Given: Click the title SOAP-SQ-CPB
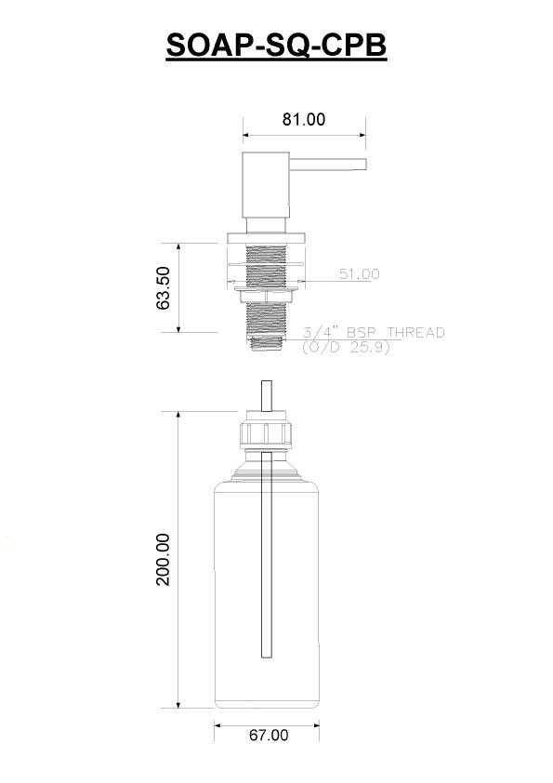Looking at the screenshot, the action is (276, 45).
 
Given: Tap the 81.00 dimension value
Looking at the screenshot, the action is (303, 119).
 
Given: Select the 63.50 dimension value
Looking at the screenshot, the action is (164, 287).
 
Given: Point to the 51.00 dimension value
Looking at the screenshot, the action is (360, 273).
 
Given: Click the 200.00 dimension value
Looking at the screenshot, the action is (164, 559).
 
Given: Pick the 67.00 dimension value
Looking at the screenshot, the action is (269, 736).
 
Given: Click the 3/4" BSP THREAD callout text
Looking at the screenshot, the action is (374, 332).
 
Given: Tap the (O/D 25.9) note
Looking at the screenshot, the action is (346, 347).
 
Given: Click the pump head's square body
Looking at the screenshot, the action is (266, 185).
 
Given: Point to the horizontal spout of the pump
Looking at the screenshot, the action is (328, 165).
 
